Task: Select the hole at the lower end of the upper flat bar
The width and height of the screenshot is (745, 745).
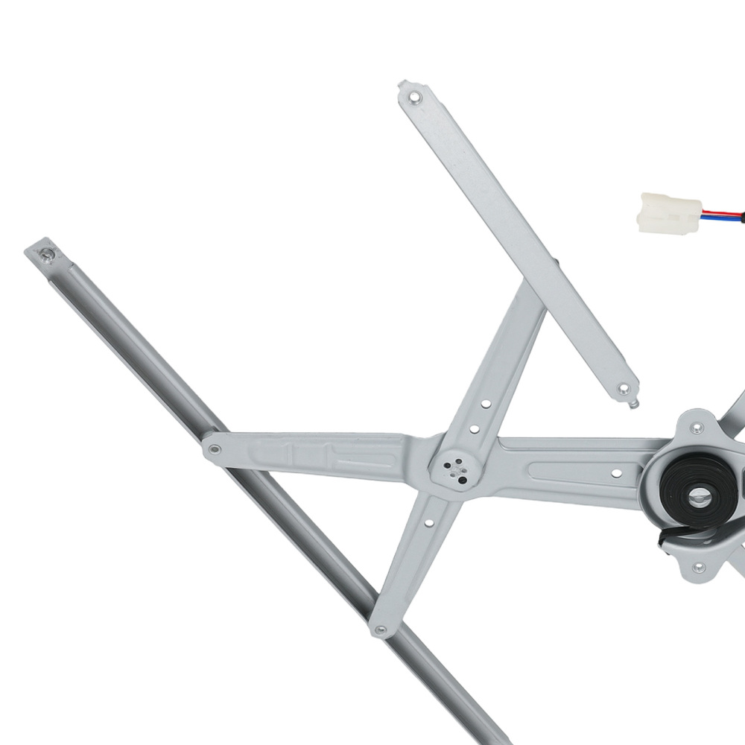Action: click(623, 388)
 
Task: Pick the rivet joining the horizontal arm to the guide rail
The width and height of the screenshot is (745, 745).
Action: click(215, 449)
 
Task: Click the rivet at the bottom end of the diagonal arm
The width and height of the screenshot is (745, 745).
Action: click(381, 630)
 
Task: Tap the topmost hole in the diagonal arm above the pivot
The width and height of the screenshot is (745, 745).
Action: click(486, 405)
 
